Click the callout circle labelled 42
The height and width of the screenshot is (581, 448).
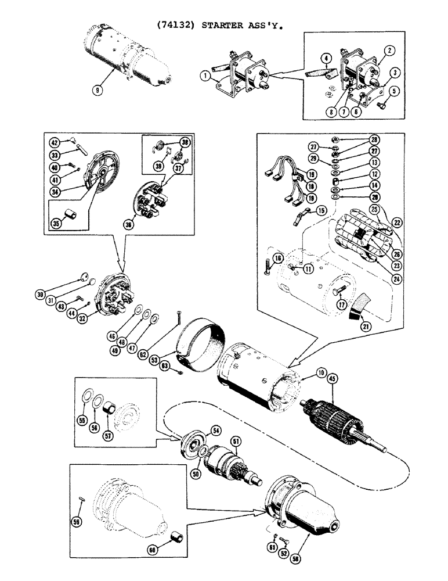click(53, 143)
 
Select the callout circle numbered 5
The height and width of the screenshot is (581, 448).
click(395, 91)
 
